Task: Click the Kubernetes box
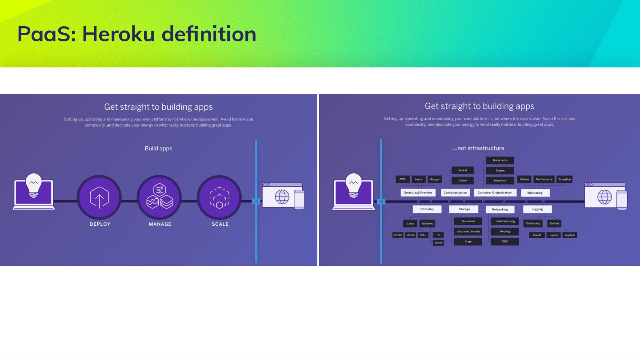point(500,160)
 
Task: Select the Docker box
point(463,180)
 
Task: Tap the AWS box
point(402,180)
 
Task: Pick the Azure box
point(418,180)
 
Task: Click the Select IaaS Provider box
point(418,193)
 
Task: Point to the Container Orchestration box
point(495,193)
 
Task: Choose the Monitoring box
point(535,193)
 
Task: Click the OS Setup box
point(427,209)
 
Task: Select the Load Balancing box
point(505,221)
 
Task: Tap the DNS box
point(505,242)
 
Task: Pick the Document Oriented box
point(468,232)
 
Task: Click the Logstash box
point(569,235)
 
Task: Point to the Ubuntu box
point(411,235)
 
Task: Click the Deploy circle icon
point(99,197)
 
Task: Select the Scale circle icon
point(219,197)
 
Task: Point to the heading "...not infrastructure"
point(478,148)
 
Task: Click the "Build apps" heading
point(158,148)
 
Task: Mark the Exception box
point(564,180)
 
